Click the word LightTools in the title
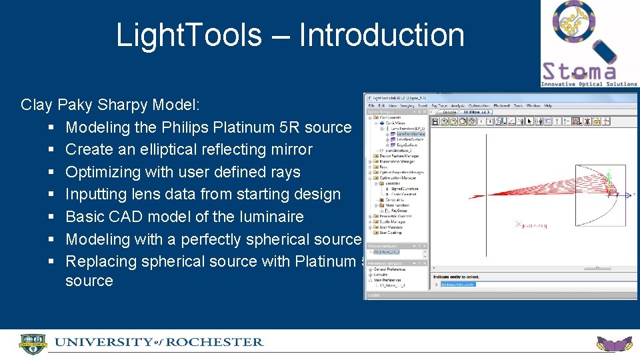pos(189,35)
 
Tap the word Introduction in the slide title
pos(381,35)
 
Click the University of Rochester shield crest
pos(33,344)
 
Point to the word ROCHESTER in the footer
pos(215,343)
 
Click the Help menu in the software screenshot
pos(548,105)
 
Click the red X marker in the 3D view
pos(518,225)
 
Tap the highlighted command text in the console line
pos(457,284)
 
